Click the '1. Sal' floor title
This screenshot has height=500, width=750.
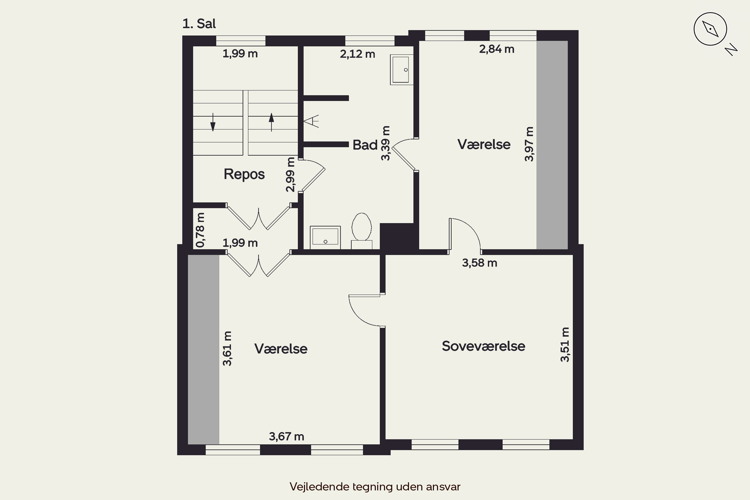point(199,23)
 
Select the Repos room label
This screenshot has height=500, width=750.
point(244,174)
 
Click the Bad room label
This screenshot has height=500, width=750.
point(365,145)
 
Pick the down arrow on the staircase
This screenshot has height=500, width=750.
point(213,122)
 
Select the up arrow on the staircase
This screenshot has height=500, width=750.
point(271,122)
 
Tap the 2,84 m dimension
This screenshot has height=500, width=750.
point(497,49)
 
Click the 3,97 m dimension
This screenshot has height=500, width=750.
point(529,144)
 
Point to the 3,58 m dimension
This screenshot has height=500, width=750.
point(479,263)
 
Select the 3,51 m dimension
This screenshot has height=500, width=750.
point(565,345)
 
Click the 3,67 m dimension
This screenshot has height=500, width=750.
point(286,436)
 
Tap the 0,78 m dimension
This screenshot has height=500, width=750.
point(200,230)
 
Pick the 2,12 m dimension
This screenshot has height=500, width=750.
point(357,54)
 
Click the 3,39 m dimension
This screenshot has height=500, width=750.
point(385,143)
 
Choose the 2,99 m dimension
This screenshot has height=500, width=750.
point(290,175)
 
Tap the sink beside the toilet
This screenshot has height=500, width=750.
point(325,237)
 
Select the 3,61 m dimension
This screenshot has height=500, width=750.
point(227,348)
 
